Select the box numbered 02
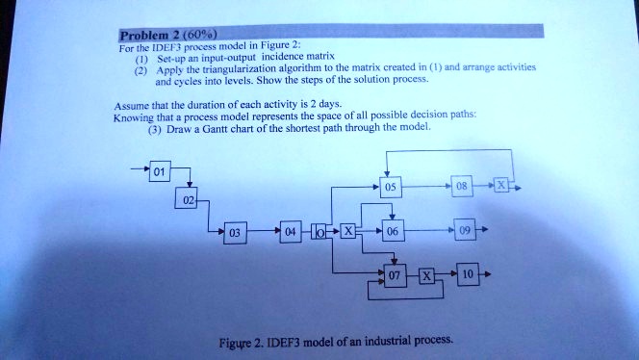pos(188,199)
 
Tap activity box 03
pos(234,233)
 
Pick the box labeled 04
pos(292,232)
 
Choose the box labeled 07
pos(393,276)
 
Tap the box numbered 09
pos(467,232)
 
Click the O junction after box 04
pos(318,232)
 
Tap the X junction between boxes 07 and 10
pos(428,276)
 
